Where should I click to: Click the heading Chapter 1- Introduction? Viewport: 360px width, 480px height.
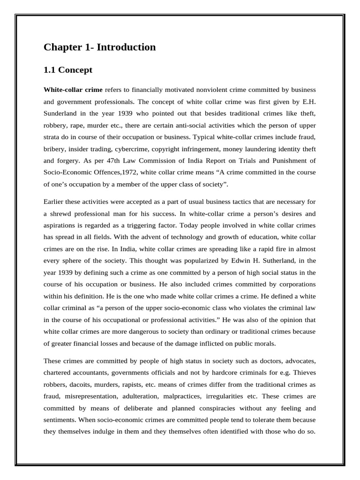click(99, 47)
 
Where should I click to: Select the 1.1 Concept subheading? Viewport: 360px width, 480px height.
click(68, 70)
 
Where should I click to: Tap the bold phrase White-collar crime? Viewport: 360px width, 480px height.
click(73, 89)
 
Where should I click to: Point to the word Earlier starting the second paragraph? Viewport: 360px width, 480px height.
click(55, 202)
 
